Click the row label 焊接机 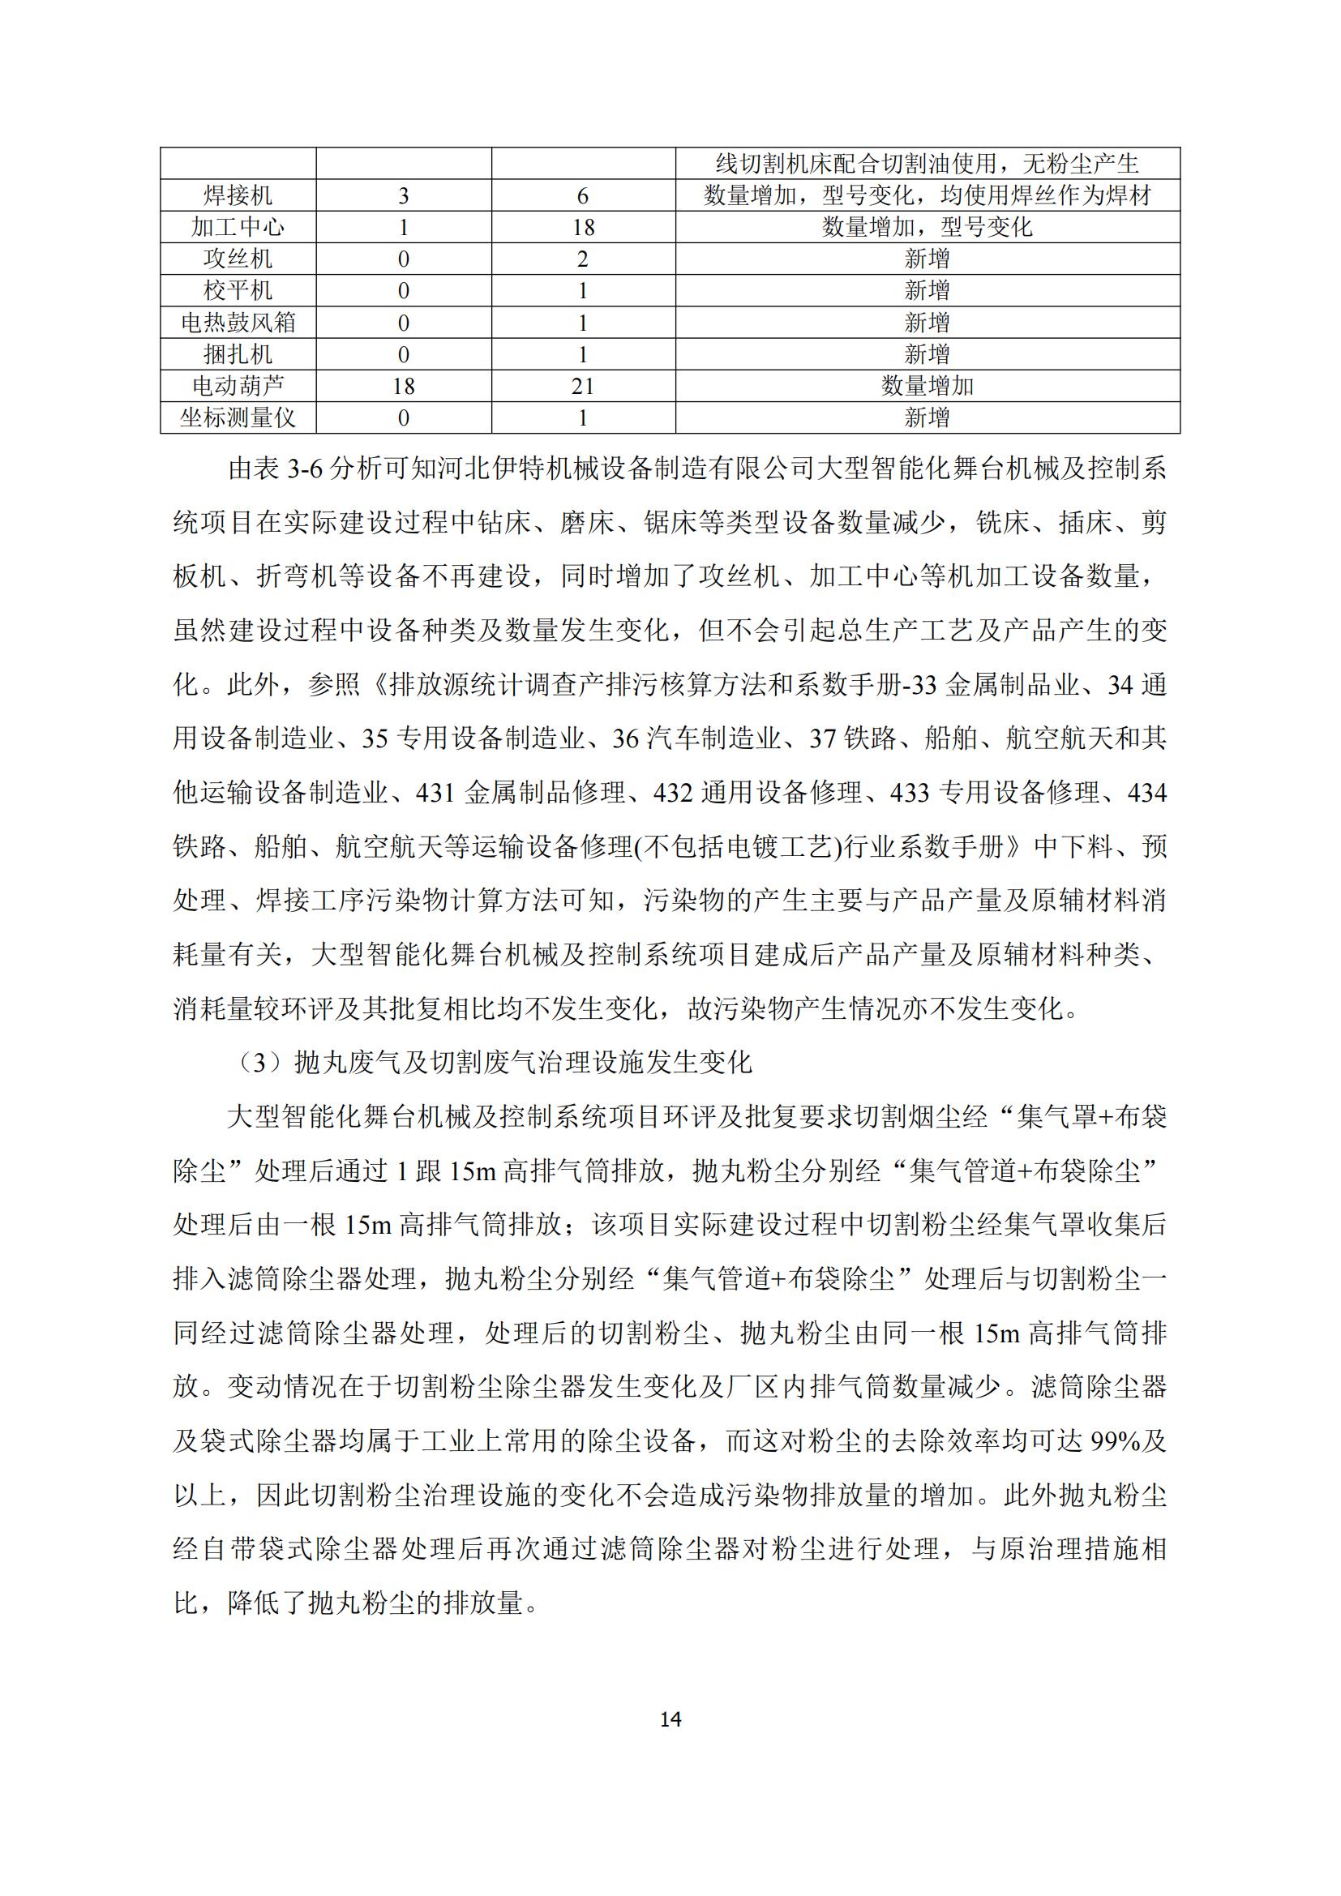coord(238,195)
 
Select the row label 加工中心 coord(238,227)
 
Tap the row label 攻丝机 coord(238,259)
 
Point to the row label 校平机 coord(238,291)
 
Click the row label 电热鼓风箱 coord(238,323)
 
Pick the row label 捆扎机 coord(238,354)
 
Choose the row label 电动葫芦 coord(238,387)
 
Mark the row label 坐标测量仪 coord(238,417)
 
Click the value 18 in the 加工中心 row coord(583,228)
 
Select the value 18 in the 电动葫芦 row coord(403,387)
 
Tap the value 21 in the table coord(583,387)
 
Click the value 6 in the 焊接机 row coord(583,196)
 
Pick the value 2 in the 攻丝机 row coord(583,259)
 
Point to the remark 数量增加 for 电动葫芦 coord(928,387)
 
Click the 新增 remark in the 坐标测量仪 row coord(928,417)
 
